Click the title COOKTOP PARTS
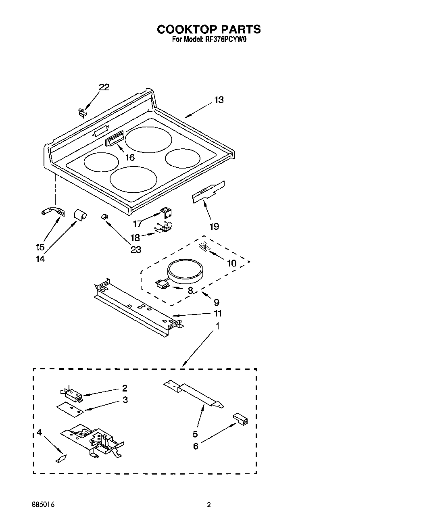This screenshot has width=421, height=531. [208, 29]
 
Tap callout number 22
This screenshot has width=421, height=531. [104, 87]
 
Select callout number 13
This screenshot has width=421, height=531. [219, 100]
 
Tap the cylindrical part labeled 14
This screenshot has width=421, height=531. [79, 214]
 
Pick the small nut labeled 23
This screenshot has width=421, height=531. [104, 217]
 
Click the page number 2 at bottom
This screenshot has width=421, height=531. [208, 504]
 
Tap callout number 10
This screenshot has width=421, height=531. [231, 263]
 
